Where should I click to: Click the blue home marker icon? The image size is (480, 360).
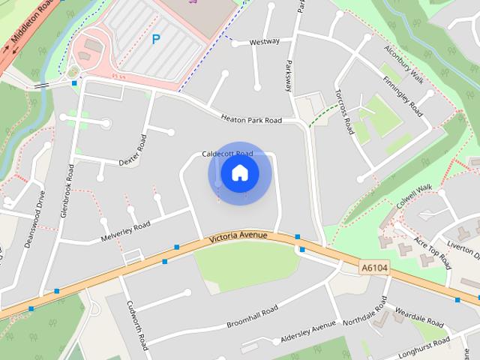coord(239,172)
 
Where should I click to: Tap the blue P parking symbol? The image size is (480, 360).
coord(156,39)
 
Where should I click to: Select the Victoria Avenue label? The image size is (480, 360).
coord(238,237)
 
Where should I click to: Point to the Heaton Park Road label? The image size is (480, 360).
coord(251,119)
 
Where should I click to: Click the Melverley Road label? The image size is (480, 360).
coord(125,230)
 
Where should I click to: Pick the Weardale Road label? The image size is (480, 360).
coord(410,311)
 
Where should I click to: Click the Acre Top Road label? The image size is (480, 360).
coord(434,256)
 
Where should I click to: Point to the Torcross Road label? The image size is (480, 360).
coord(344,112)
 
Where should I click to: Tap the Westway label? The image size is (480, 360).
coord(264,42)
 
